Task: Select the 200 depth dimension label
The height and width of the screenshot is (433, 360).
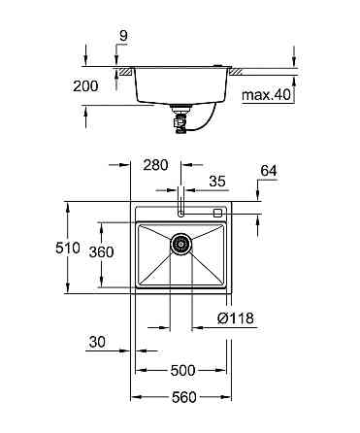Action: click(x=86, y=85)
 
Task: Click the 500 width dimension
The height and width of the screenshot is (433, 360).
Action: click(x=182, y=370)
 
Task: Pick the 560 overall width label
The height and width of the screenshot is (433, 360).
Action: click(x=181, y=398)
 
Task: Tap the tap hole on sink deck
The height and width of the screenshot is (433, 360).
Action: click(x=181, y=212)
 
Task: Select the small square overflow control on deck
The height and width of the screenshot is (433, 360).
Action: click(x=217, y=212)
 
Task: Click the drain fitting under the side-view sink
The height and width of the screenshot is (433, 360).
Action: click(x=179, y=117)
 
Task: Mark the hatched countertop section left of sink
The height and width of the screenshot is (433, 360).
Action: click(x=125, y=71)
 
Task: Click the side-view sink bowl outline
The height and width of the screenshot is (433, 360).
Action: click(x=180, y=87)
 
